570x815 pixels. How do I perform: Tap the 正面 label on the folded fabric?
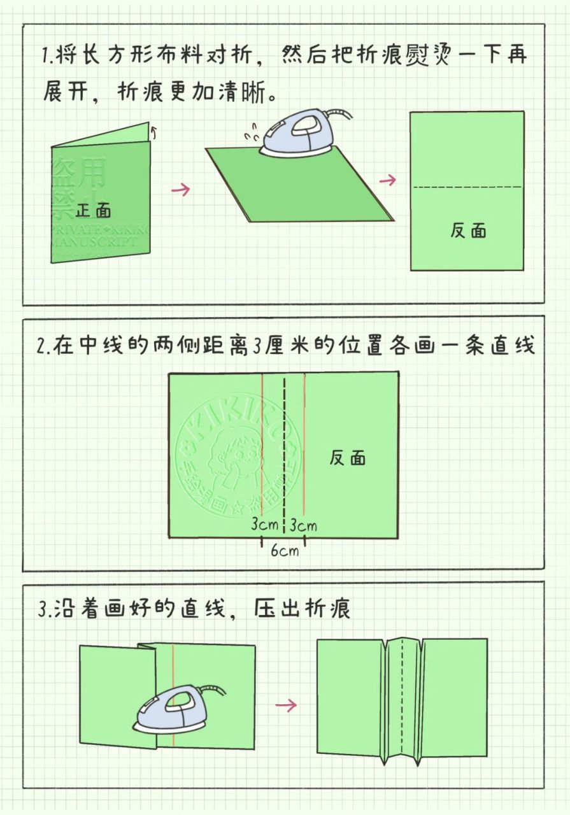[x=93, y=210]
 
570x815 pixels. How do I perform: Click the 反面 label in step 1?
[x=468, y=230]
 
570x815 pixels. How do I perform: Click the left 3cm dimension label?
[x=264, y=525]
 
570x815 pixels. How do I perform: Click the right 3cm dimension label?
[x=303, y=525]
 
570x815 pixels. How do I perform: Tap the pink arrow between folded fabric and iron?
[x=181, y=189]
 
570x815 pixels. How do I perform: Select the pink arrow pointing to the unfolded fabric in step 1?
[x=387, y=180]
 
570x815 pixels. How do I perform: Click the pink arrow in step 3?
[x=287, y=705]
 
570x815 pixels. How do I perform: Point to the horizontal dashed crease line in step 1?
[x=467, y=187]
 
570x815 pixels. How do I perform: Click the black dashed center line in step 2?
[x=284, y=446]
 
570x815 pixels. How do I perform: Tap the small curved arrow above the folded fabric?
[x=153, y=131]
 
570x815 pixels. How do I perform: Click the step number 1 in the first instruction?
[x=46, y=56]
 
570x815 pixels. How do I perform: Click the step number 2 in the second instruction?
[x=42, y=347]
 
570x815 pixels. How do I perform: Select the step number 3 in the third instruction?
[x=43, y=609]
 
